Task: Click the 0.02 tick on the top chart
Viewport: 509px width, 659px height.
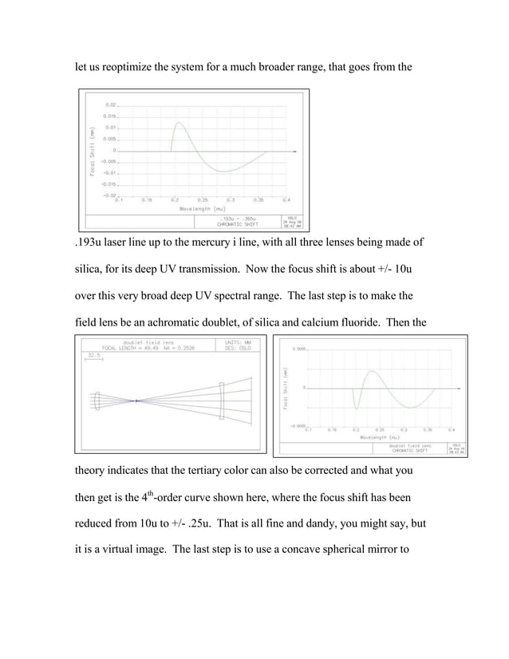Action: coord(111,105)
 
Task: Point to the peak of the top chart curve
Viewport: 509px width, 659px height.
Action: coord(178,123)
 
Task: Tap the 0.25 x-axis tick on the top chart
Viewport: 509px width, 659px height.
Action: coord(202,199)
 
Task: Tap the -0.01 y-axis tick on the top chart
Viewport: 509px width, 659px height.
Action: coord(109,172)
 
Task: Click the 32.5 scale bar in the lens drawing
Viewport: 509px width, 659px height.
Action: coord(93,354)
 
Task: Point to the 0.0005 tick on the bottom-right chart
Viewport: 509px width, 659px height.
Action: coord(303,349)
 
